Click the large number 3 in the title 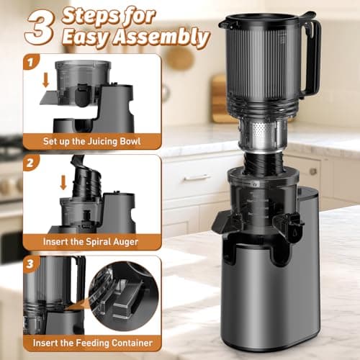click(x=40, y=28)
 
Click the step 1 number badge click(x=30, y=64)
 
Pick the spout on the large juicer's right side click(x=294, y=229)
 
